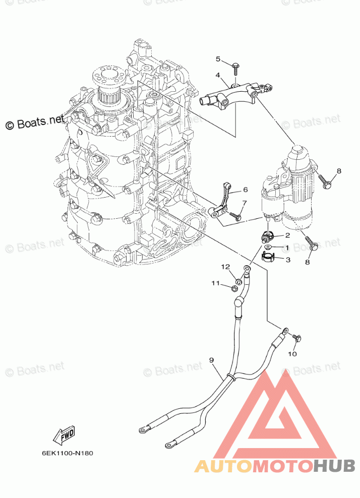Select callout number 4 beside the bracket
(218, 75)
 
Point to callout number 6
(245, 190)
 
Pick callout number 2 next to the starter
(287, 235)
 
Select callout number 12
(225, 267)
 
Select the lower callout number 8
(307, 262)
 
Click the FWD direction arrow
(64, 435)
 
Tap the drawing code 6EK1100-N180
(68, 453)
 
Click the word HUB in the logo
(334, 466)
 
